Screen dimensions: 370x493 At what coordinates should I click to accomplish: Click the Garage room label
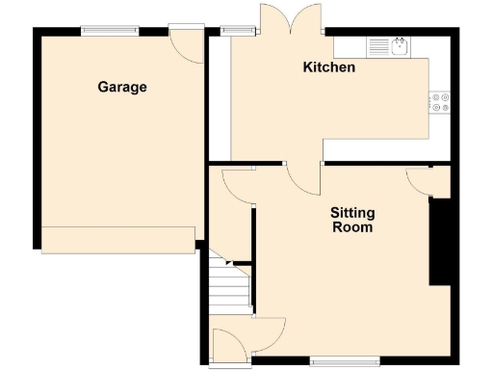point(122,87)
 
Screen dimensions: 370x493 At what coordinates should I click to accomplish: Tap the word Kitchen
point(329,67)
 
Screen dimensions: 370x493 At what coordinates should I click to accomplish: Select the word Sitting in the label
point(352,213)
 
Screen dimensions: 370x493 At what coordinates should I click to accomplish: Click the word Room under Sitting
point(352,227)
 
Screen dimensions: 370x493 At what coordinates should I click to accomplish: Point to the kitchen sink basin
point(402,44)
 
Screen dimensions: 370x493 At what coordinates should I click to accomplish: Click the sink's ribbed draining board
point(378,45)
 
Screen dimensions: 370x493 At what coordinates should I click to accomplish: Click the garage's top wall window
point(107,30)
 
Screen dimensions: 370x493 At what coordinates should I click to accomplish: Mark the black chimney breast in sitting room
point(440,241)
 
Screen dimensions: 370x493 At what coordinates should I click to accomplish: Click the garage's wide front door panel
point(118,240)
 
